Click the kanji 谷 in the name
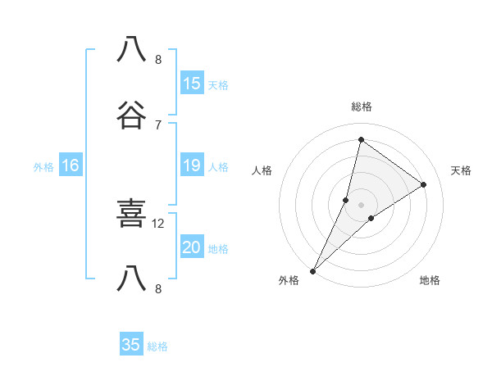(x=132, y=117)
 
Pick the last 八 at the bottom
(x=132, y=281)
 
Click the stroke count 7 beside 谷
(x=158, y=125)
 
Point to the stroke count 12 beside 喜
(x=158, y=223)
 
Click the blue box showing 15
(x=192, y=84)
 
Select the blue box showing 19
(x=192, y=165)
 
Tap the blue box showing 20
(x=192, y=247)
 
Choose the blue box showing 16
(x=71, y=165)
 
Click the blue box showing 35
(x=131, y=345)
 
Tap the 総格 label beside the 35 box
(x=157, y=346)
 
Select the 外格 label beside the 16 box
(x=43, y=167)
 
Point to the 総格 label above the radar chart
(x=362, y=106)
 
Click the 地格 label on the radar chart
(x=430, y=281)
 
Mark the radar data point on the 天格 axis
(x=424, y=185)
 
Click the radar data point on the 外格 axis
(x=313, y=270)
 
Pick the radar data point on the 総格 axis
(x=361, y=140)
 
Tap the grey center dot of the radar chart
(x=361, y=204)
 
